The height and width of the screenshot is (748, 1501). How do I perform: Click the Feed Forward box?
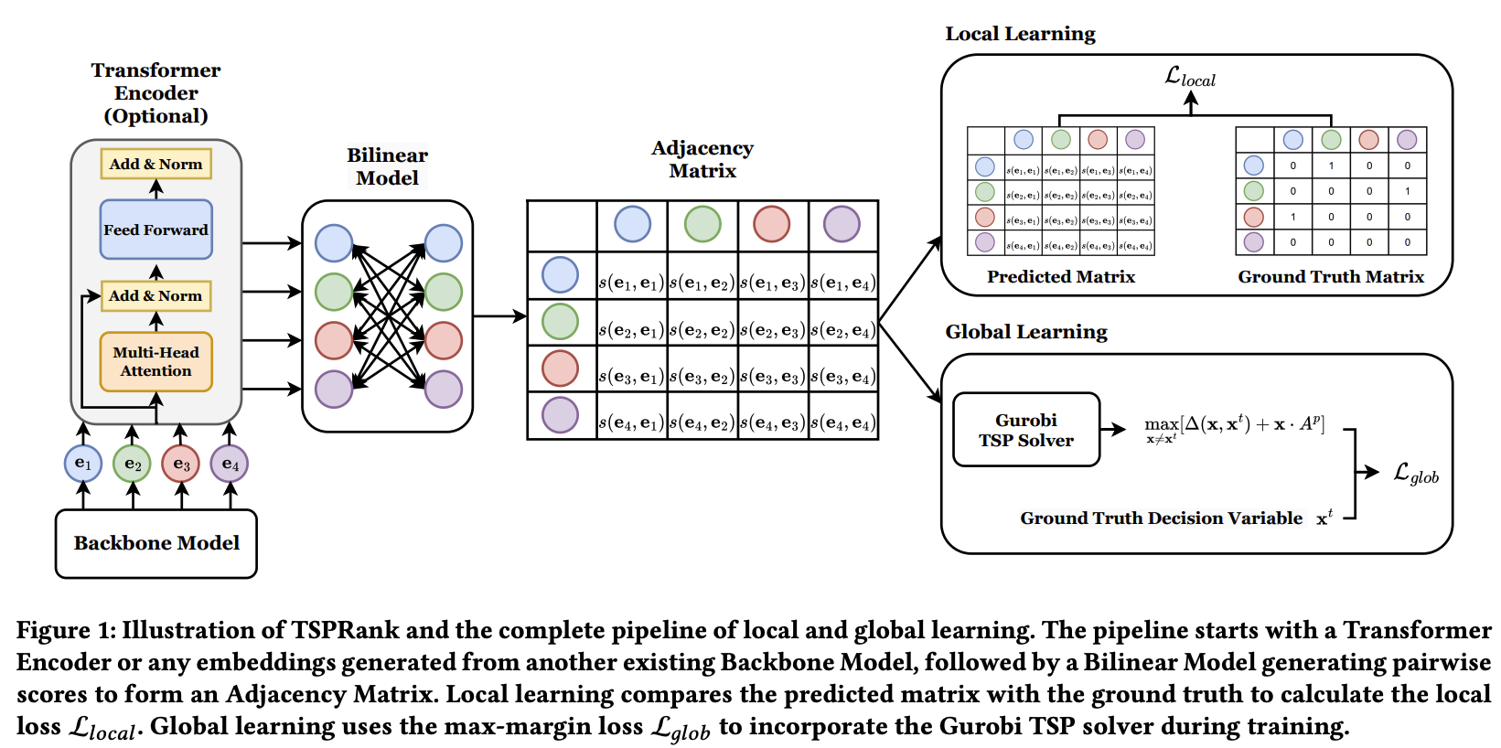click(155, 230)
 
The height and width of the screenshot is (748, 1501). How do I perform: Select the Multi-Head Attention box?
click(155, 361)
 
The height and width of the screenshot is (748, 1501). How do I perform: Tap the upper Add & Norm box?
click(155, 165)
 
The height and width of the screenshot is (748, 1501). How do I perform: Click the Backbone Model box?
click(156, 543)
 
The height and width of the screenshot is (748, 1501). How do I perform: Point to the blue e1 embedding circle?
click(83, 464)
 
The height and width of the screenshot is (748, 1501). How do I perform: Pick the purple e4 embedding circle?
click(230, 464)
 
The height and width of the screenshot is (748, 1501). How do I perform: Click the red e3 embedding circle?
click(181, 464)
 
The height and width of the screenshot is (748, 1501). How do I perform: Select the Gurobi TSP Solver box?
click(1025, 430)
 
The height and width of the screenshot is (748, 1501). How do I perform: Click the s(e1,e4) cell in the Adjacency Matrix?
click(843, 283)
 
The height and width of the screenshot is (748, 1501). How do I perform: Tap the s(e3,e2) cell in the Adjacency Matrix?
click(702, 377)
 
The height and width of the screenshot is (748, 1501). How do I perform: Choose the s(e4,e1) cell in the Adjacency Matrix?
click(631, 422)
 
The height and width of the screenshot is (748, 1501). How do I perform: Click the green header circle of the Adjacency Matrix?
click(702, 224)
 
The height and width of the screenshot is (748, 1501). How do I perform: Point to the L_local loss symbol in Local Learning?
click(1189, 77)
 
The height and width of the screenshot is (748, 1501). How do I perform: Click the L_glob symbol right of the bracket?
click(1415, 473)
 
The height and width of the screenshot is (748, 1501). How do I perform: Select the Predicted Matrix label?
click(1061, 277)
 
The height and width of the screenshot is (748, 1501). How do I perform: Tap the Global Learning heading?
click(1026, 332)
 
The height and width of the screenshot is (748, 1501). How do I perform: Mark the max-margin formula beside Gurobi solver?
click(1234, 426)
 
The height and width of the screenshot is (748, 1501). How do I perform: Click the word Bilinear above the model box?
click(387, 155)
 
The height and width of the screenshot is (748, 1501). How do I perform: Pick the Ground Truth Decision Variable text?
click(1161, 518)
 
